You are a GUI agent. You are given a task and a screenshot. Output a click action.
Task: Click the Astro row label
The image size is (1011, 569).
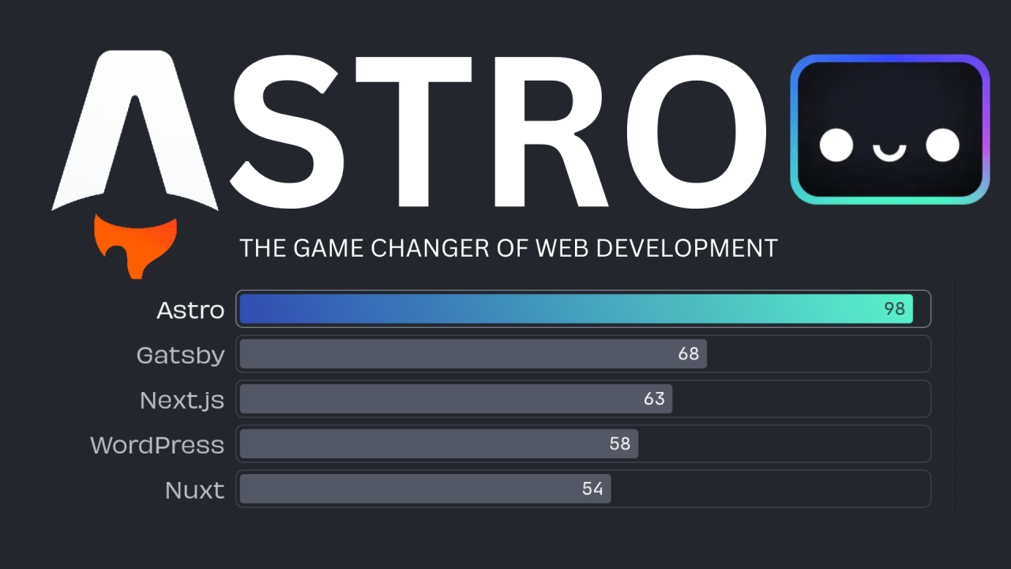point(190,310)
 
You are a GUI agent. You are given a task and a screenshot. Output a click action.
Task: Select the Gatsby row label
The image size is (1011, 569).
point(180,356)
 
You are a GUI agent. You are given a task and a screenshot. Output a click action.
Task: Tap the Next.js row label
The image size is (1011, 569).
point(182,400)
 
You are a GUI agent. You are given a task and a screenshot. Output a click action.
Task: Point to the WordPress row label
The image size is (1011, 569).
point(157,445)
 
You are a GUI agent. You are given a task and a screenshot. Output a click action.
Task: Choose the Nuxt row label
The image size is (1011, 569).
point(194,490)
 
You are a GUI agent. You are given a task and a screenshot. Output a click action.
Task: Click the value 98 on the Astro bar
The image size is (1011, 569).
point(894,309)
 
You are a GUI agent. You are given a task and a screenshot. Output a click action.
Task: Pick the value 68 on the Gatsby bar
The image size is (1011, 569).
point(689,354)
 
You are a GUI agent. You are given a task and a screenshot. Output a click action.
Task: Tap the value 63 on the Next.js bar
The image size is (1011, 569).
point(654,399)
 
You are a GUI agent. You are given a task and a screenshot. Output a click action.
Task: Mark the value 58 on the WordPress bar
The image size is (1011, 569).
point(620,444)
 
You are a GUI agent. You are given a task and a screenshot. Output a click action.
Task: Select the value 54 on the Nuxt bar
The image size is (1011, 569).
point(592,489)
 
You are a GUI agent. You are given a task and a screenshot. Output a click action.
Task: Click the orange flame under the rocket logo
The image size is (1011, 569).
point(134,243)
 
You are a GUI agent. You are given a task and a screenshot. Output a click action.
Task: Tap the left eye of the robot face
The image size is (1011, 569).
point(836,145)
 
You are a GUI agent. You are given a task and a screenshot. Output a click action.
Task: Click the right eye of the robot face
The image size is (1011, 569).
point(942,145)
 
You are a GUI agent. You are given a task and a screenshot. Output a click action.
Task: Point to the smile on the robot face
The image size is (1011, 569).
point(889,151)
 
